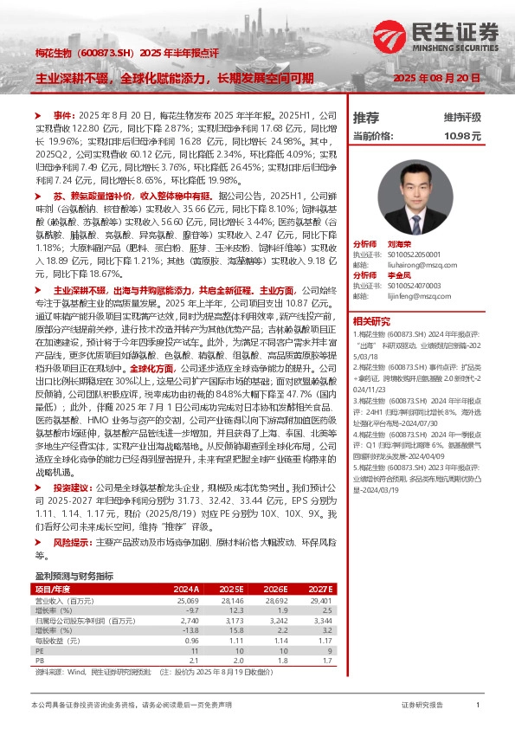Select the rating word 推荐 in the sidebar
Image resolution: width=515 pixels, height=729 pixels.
coord(366,117)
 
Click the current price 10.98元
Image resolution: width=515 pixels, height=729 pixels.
coord(462,136)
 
